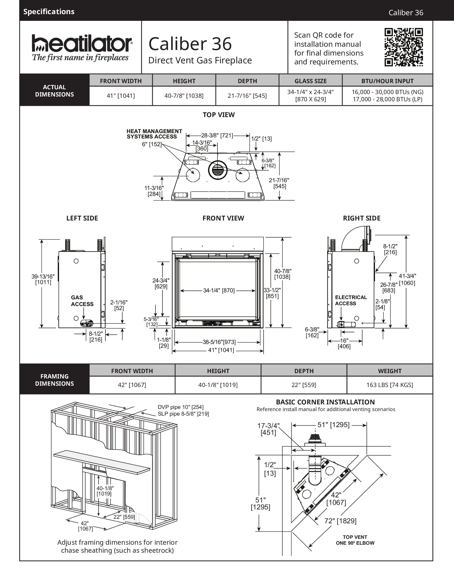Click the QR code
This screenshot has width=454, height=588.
pos(404,47)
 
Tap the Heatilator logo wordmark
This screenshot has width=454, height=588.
pos(82,43)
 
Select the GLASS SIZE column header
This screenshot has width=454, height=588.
pos(310,81)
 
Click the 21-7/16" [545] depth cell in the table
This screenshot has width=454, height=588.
pos(247,96)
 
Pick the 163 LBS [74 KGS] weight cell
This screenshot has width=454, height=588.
pos(389,385)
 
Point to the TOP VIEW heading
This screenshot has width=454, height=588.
pos(219,115)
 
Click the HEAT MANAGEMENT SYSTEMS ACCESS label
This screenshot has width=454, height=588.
pos(154,134)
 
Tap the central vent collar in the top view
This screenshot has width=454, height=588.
pos(218,170)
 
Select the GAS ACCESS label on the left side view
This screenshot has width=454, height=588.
pos(82,301)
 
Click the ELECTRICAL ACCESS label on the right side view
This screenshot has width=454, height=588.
pos(351,300)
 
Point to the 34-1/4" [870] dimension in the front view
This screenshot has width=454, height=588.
pos(219,291)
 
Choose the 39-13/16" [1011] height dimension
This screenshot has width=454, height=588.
pos(43,279)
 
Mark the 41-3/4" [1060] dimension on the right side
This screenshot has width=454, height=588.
pos(407,280)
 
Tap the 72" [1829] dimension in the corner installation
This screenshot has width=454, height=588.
pos(340,521)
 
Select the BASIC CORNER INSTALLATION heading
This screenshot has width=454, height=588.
pos(325,402)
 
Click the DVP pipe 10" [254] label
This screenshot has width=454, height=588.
pos(181,407)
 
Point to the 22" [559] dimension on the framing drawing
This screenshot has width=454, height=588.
pos(124,517)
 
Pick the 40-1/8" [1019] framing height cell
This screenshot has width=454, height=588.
pos(218,385)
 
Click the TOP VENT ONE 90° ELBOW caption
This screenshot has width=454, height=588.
pos(355,540)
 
